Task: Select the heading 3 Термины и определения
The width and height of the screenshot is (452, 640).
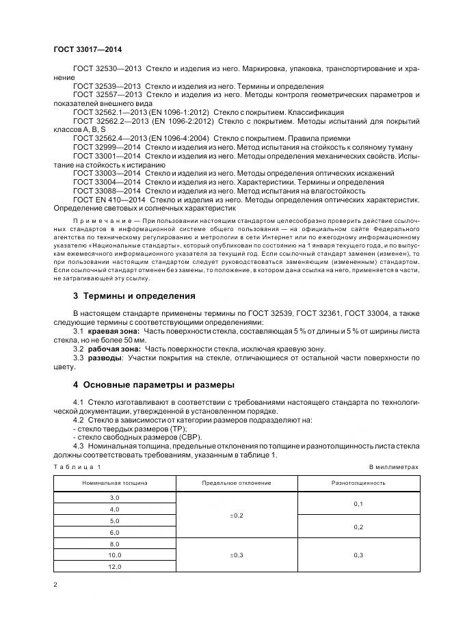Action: click(x=134, y=296)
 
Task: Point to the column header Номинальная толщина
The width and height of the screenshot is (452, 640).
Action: click(x=115, y=482)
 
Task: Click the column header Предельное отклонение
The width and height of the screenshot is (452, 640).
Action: click(x=237, y=482)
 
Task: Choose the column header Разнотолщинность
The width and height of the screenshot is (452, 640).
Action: click(x=359, y=482)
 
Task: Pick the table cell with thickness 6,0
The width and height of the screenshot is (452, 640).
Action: click(x=115, y=531)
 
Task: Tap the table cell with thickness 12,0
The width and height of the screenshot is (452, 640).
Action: click(x=115, y=567)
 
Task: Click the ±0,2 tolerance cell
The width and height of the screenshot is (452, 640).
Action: click(x=237, y=514)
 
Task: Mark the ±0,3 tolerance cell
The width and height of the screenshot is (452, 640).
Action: click(x=237, y=555)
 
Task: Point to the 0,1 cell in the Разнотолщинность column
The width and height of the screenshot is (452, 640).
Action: click(x=359, y=503)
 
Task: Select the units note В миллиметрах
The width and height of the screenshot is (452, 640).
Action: click(x=393, y=466)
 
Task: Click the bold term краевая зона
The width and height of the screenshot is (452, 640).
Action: click(x=111, y=330)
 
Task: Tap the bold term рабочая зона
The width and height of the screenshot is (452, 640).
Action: click(x=114, y=348)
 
